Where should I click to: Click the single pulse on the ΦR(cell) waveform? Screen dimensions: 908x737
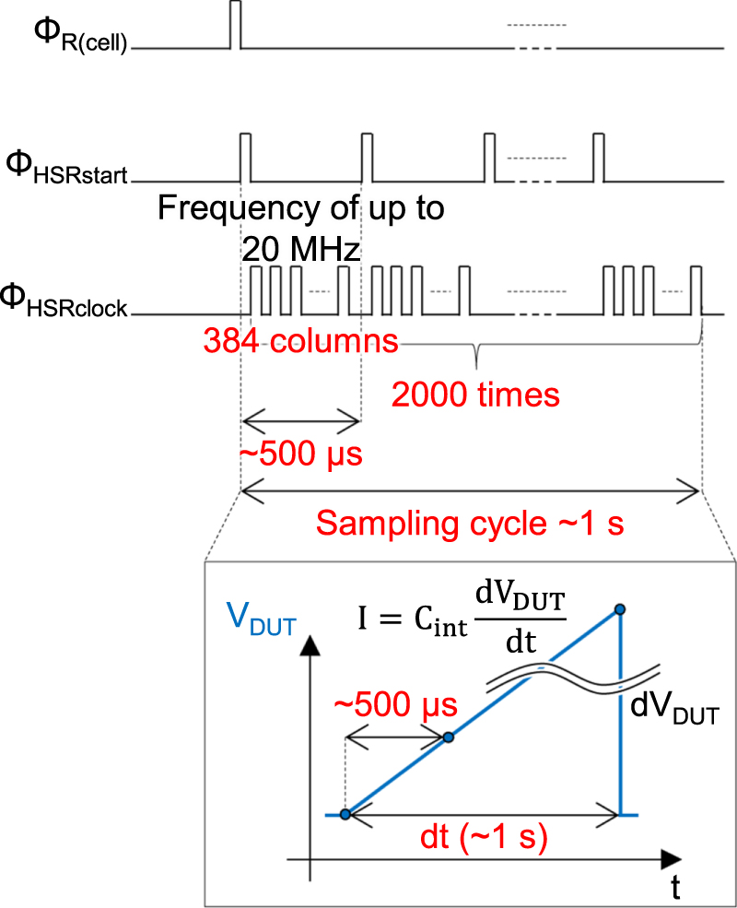pyautogui.click(x=234, y=25)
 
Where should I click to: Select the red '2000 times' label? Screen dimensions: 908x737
pyautogui.click(x=475, y=395)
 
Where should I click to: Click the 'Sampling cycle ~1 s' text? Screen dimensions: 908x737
pyautogui.click(x=470, y=524)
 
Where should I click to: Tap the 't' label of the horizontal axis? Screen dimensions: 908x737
pyautogui.click(x=675, y=887)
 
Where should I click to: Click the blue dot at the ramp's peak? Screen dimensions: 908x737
pyautogui.click(x=621, y=609)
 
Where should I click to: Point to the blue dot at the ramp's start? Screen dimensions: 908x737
pyautogui.click(x=345, y=814)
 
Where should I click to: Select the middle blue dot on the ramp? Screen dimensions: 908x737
pyautogui.click(x=449, y=737)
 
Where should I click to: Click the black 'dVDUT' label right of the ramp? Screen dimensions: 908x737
pyautogui.click(x=675, y=711)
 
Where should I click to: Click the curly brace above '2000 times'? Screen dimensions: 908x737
pyautogui.click(x=475, y=355)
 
